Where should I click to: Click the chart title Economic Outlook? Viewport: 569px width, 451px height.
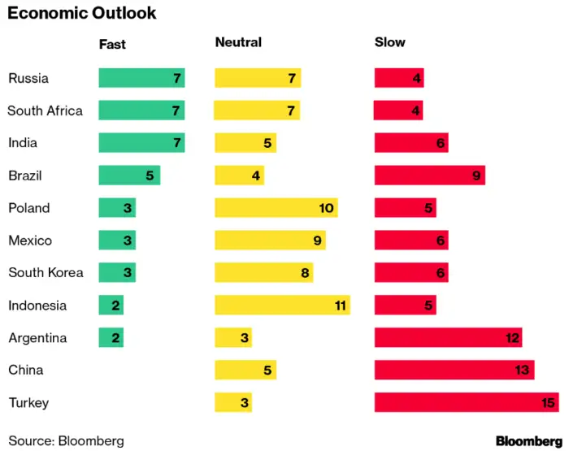click(82, 14)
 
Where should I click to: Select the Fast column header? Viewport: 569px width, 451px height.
click(112, 43)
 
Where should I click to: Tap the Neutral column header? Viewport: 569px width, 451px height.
click(238, 43)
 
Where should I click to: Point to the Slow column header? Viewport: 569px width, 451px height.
click(389, 43)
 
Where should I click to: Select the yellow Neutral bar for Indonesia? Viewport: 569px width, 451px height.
click(282, 306)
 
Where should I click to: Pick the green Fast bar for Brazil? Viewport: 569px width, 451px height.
click(129, 176)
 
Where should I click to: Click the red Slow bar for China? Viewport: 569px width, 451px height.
click(454, 371)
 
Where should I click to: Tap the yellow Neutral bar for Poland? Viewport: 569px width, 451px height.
click(276, 208)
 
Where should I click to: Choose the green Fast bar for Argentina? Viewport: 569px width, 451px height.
click(111, 338)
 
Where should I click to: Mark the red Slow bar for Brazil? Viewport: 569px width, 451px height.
click(429, 176)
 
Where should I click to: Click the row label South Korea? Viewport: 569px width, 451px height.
click(46, 273)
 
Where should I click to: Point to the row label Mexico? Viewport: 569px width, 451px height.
click(30, 241)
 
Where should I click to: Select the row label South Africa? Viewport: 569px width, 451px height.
click(45, 111)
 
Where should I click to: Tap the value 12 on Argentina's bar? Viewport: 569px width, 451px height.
click(510, 338)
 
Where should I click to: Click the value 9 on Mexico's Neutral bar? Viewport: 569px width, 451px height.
click(317, 241)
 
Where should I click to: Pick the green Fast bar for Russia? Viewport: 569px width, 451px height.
click(141, 78)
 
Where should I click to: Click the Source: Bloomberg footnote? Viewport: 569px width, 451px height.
click(66, 440)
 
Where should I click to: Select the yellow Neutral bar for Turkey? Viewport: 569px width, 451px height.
click(232, 402)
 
